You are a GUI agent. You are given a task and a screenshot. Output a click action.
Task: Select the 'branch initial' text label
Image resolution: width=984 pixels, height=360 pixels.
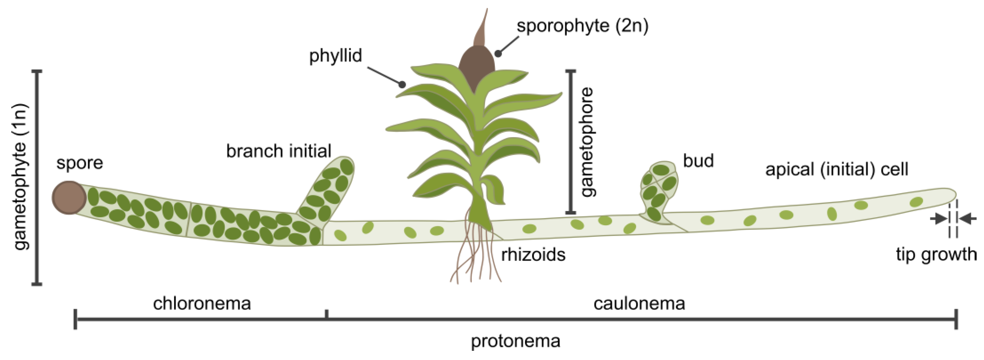(x=278, y=151)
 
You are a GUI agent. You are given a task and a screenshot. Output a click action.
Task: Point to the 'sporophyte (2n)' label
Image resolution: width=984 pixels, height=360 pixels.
(x=582, y=26)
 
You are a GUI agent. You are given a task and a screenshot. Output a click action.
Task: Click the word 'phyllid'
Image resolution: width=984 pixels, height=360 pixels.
(x=335, y=56)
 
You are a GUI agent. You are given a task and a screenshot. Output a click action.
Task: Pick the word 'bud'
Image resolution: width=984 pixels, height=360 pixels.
(x=698, y=161)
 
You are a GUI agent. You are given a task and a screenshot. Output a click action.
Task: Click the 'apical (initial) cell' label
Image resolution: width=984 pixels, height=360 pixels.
(x=837, y=169)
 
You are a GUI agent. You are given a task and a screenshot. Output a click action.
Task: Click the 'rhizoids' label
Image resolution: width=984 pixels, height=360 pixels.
(x=533, y=255)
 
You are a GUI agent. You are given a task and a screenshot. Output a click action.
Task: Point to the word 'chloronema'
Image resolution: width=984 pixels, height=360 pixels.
(x=202, y=304)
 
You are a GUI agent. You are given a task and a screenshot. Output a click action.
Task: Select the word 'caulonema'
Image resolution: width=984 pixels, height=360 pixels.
(x=639, y=304)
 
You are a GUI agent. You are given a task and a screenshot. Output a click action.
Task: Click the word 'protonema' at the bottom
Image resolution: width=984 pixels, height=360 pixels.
(x=515, y=341)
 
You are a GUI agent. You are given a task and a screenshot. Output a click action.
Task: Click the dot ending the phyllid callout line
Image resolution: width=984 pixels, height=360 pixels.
(x=402, y=84)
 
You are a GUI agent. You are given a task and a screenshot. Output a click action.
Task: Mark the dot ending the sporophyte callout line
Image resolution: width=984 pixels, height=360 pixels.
(x=498, y=54)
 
